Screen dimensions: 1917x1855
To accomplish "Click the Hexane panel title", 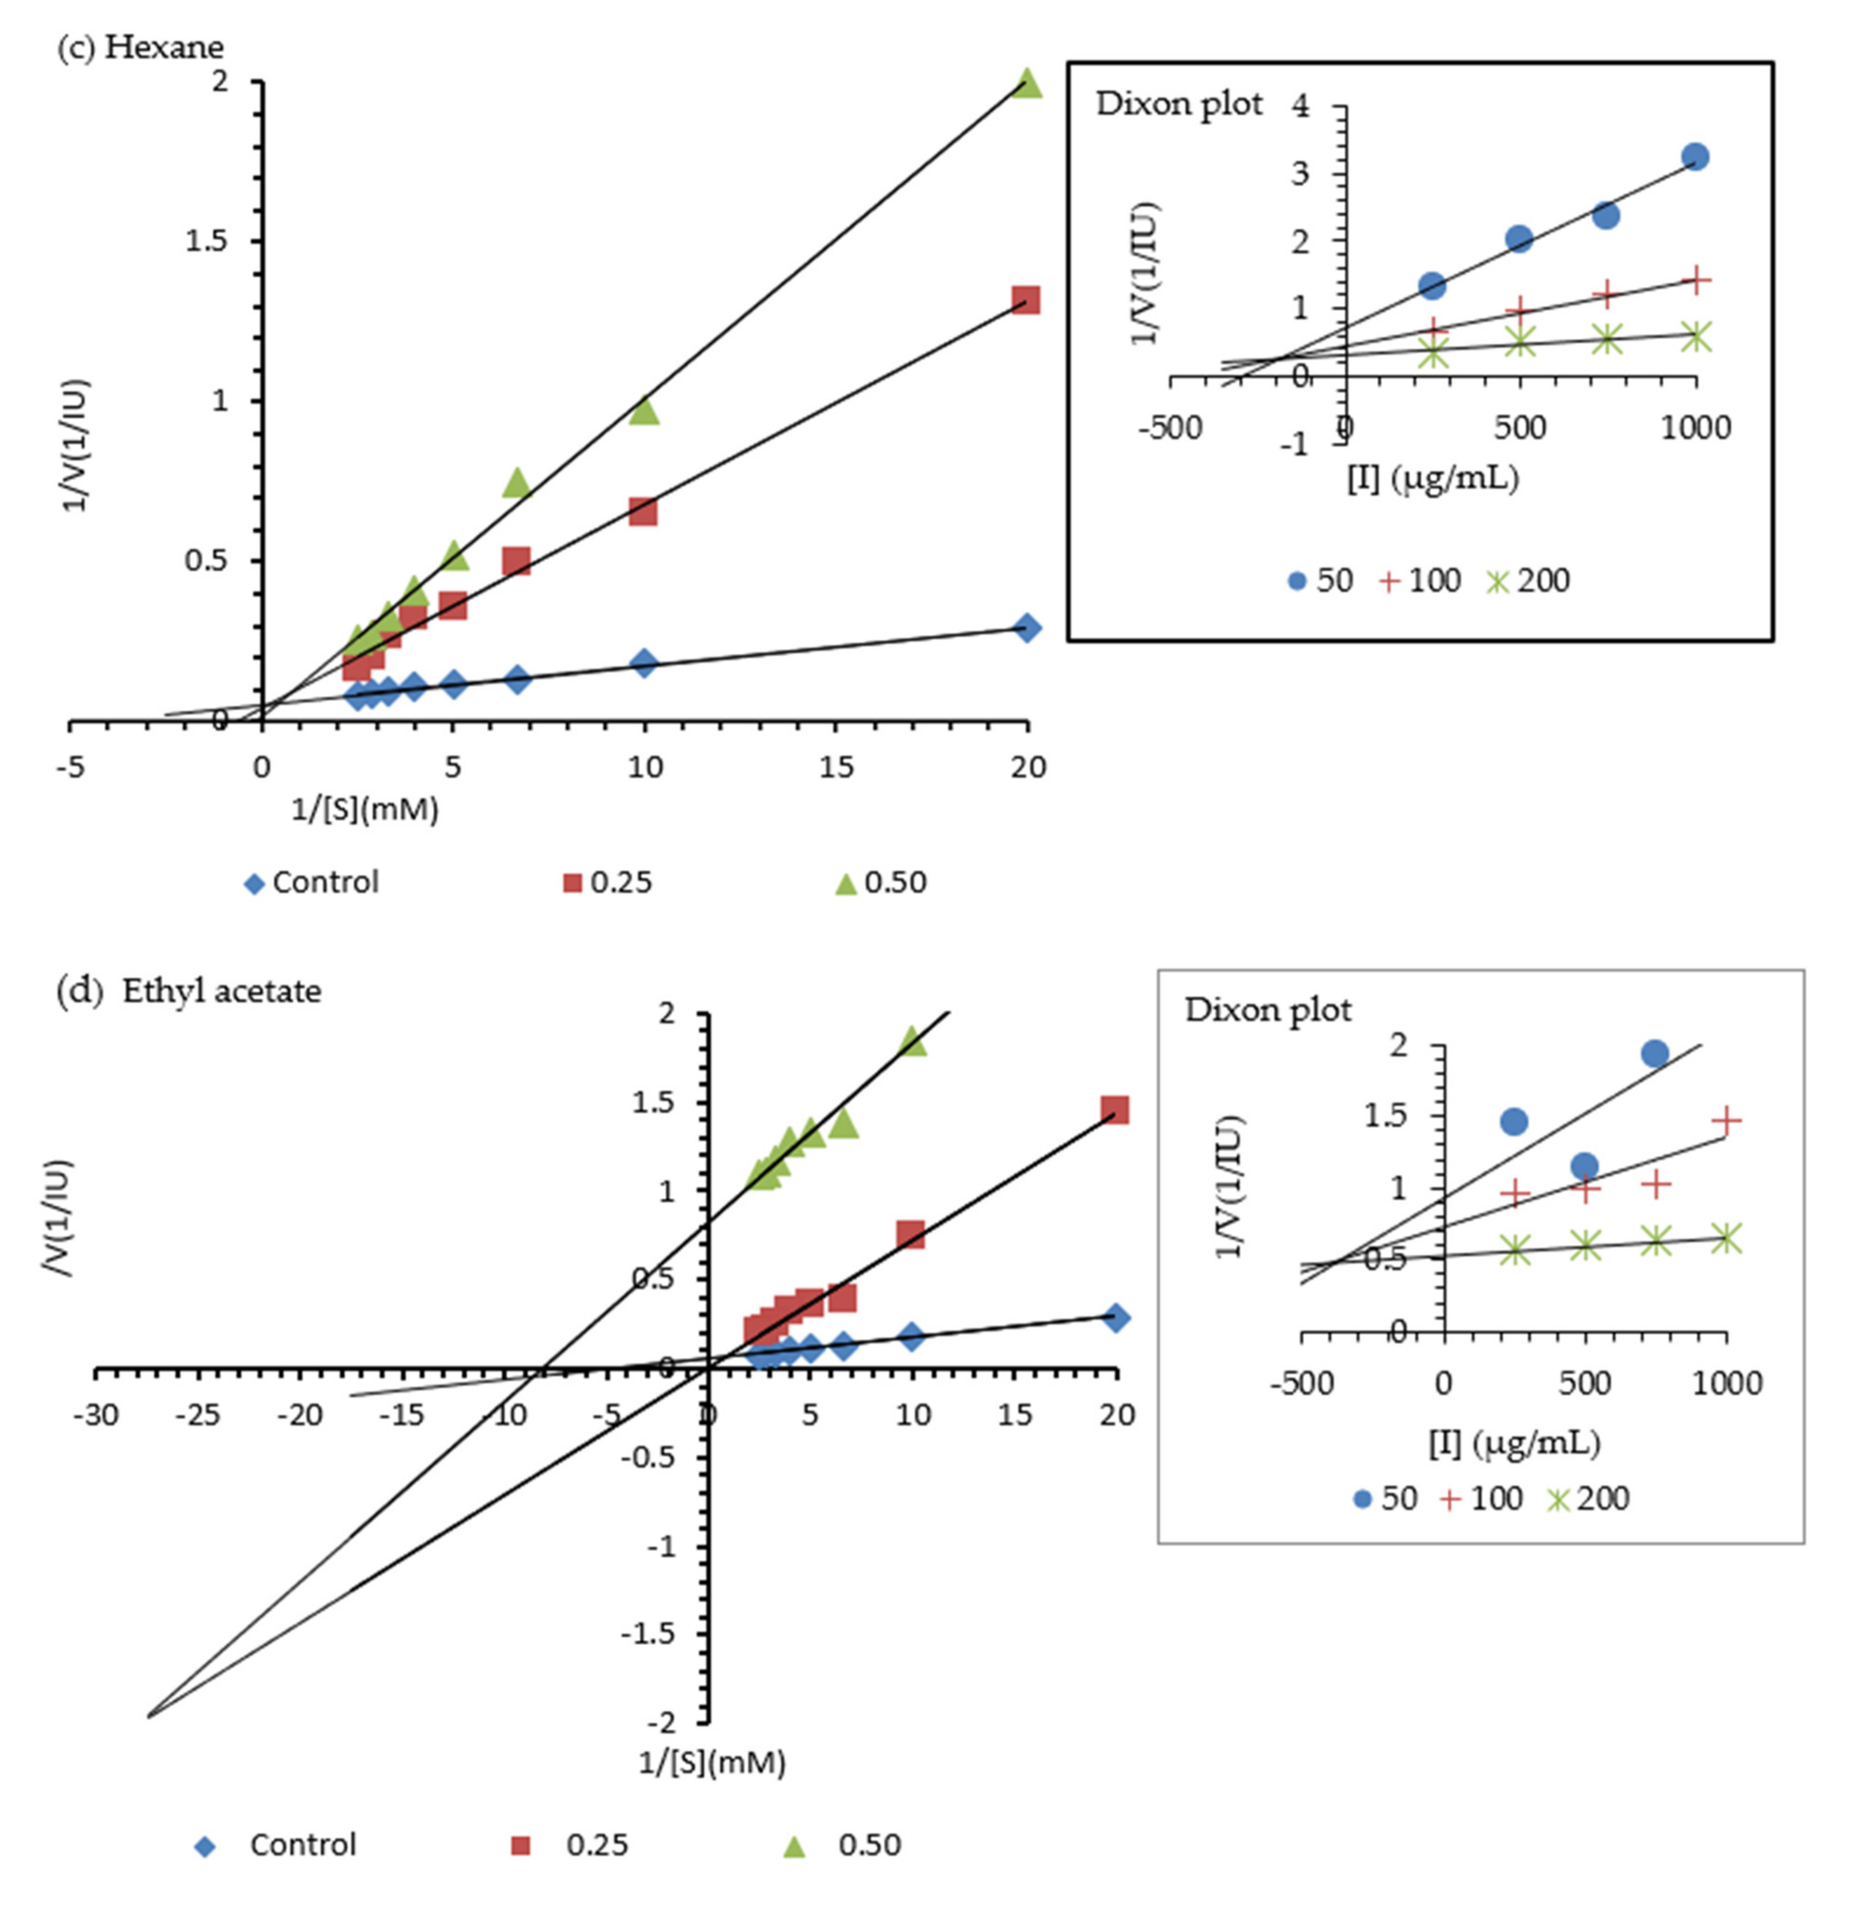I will click(140, 47).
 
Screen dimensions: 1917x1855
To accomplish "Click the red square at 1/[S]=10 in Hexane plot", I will click(643, 511).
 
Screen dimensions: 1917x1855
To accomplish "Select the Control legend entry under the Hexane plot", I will click(311, 882).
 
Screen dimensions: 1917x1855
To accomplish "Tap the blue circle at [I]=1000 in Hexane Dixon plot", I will click(1696, 156).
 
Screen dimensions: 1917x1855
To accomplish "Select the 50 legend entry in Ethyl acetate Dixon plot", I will click(1384, 1499).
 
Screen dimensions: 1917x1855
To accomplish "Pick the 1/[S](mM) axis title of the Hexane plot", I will click(364, 809).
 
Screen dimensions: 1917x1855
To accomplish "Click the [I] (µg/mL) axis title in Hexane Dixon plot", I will click(1433, 478).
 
